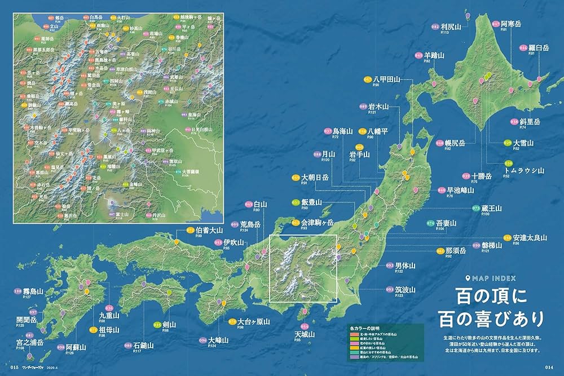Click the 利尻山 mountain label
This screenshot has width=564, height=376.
[451, 26]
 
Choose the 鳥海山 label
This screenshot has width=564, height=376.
[343, 131]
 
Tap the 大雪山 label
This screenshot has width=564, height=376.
[523, 143]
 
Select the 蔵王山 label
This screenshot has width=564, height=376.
[492, 208]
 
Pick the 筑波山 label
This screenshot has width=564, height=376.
[405, 289]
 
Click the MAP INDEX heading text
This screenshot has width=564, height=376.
[494, 277]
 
